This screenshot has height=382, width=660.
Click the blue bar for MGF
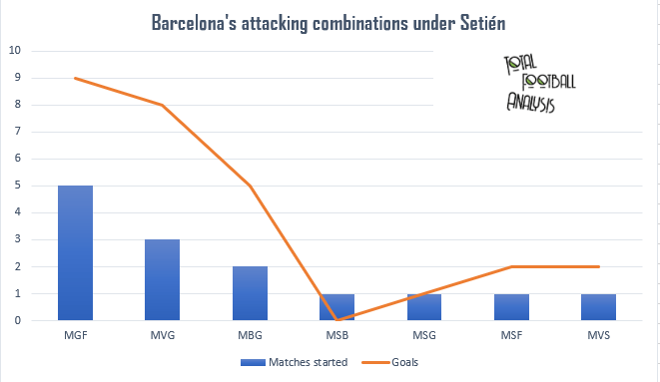pyautogui.click(x=76, y=253)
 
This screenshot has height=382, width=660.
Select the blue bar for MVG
pyautogui.click(x=162, y=280)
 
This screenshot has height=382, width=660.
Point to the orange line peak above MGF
pyautogui.click(x=76, y=78)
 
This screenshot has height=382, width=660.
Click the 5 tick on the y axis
pyautogui.click(x=14, y=186)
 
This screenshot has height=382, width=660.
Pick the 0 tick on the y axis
pyautogui.click(x=14, y=321)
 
